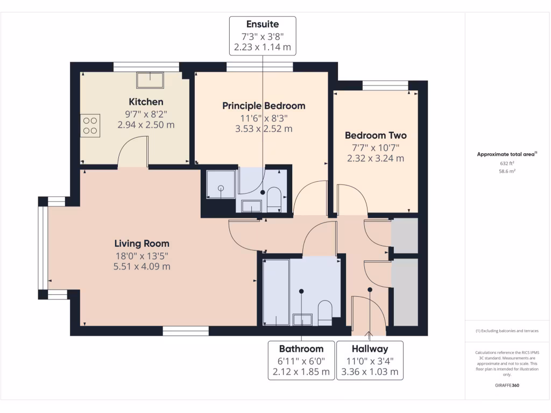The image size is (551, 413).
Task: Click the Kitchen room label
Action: point(146,102)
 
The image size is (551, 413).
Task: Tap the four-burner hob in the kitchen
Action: point(90,125)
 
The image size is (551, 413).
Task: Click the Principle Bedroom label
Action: point(264,105)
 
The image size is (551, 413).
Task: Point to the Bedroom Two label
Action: point(376,136)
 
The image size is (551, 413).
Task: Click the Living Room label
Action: point(142,243)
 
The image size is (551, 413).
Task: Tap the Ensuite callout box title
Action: point(263,24)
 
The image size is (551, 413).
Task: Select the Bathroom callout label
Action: point(301,348)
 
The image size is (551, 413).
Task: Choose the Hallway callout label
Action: point(370,348)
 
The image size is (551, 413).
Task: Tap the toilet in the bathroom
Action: point(326,312)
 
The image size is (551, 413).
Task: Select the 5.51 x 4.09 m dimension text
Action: point(142,266)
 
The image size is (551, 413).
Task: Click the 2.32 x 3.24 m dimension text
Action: point(376,159)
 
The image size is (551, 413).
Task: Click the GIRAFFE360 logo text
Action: point(506,386)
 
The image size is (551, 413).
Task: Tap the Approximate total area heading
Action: point(506,154)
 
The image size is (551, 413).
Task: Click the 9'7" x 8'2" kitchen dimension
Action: point(146,113)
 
